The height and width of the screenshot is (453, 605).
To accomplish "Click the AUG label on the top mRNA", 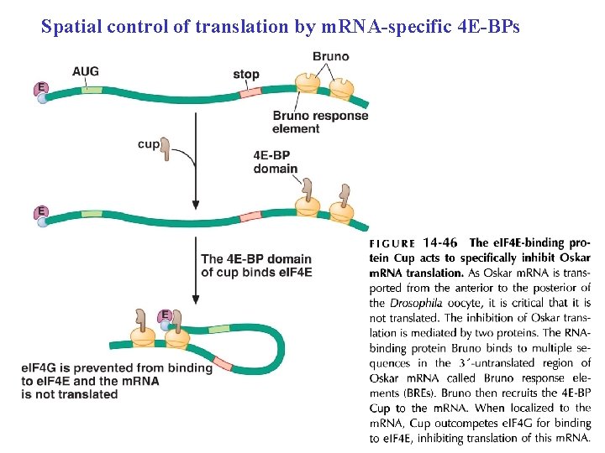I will point(86,71).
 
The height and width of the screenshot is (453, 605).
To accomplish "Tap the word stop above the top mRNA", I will point(246,74).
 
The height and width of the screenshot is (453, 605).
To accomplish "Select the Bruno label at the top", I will point(330,57).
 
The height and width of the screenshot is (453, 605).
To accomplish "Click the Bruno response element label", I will point(320,122).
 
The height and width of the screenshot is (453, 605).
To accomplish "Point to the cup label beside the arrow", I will point(148,143).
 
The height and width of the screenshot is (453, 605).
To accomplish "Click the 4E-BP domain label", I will point(276,161).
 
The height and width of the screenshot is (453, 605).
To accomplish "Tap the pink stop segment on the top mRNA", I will point(250,92).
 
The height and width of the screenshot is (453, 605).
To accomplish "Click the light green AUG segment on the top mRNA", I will point(92,90).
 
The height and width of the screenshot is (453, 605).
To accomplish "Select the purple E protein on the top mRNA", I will point(39,87).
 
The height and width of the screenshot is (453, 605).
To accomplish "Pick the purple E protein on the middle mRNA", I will point(40,211).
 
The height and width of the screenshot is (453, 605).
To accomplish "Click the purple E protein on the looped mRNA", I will point(166,315).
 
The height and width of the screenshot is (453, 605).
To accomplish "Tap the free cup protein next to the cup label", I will point(166,148).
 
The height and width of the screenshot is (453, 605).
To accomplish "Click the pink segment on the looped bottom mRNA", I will point(223,363).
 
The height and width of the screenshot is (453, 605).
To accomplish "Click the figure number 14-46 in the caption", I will point(440,243).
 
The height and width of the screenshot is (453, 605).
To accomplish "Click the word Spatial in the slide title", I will point(72,27).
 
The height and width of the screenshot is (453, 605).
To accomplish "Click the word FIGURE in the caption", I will point(392,244).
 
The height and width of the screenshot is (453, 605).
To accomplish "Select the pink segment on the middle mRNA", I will point(250,217).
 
